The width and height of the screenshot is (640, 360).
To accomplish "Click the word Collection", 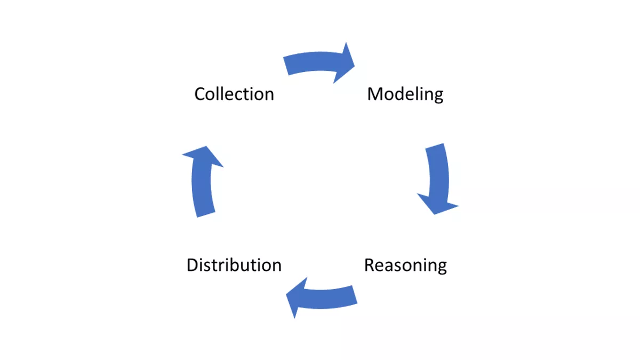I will point(234,94).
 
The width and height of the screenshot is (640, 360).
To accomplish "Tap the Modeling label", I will point(405,94).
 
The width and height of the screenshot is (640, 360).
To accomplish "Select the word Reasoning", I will point(405,265).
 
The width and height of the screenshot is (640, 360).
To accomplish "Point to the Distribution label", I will point(234,265).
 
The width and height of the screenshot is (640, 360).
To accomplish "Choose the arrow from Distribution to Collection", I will point(202,181).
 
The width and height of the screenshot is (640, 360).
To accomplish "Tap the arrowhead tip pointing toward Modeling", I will point(354,65).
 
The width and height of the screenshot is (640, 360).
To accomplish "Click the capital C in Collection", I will point(200,94).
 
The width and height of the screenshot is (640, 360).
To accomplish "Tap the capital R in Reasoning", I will point(371,265).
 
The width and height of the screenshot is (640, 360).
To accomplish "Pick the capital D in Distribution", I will point(193,265).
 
